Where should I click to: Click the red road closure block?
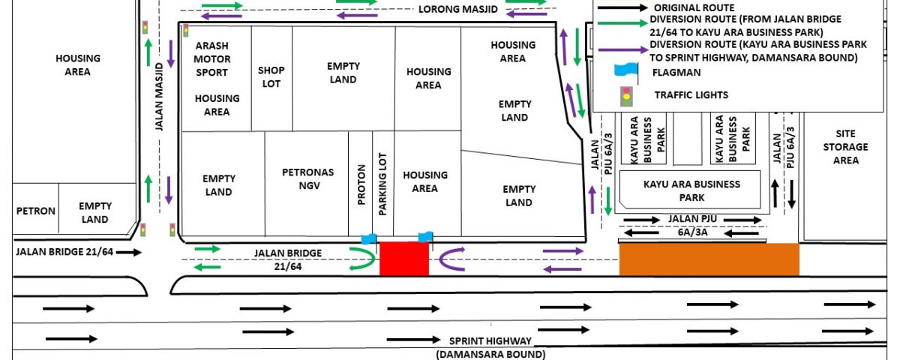pos(404,259)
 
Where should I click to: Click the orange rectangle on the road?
pos(709,259)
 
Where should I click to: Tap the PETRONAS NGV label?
pos(308,178)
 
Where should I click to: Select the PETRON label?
pos(36,211)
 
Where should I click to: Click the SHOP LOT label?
pos(271,76)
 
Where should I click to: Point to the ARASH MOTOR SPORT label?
pos(211,59)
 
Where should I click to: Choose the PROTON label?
pos(361,184)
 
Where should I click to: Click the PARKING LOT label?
pos(382,184)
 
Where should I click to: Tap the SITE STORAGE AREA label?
pos(846,147)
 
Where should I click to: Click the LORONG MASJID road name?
pos(458,9)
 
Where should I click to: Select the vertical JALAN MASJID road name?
pos(160,97)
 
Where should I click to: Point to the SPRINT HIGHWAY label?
pos(490,341)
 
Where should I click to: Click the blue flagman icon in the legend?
pos(626,70)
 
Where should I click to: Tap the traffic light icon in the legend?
pos(626,97)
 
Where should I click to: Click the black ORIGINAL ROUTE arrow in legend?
pos(622,7)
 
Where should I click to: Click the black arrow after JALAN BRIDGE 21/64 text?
pos(129,252)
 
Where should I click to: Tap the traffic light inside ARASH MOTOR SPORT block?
pos(186,31)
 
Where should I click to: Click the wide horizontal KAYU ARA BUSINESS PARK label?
pos(691,190)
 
